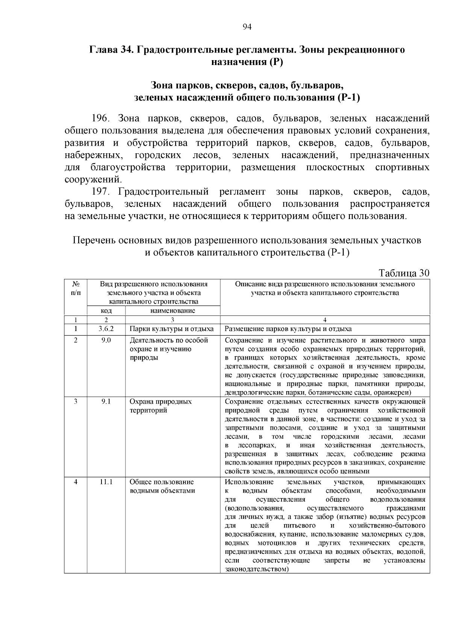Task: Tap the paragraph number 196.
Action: point(100,119)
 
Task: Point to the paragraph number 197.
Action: point(100,192)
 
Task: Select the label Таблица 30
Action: point(404,273)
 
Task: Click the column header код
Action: point(106,311)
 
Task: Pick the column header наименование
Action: point(173,311)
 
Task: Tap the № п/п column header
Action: point(76,288)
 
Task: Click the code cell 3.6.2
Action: point(106,329)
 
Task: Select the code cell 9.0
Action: point(106,340)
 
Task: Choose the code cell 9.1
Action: point(106,401)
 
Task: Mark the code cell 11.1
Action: point(106,482)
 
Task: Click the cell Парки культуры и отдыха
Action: point(171,329)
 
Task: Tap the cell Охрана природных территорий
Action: point(160,406)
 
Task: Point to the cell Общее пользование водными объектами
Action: point(162,486)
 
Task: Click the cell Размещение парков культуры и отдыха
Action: point(288,329)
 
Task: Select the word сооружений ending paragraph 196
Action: point(92,179)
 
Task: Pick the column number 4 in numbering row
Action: point(325,320)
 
